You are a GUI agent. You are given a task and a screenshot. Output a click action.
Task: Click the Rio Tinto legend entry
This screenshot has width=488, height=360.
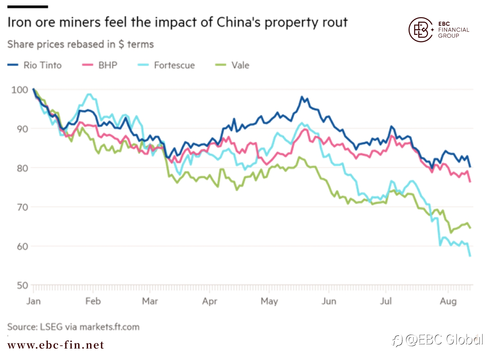[34, 65]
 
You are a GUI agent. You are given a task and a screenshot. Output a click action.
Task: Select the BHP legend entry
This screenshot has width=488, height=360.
[99, 65]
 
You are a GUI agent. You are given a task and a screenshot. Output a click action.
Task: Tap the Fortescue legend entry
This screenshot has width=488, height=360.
[166, 65]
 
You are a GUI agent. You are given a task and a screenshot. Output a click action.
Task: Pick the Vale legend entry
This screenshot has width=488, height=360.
[232, 65]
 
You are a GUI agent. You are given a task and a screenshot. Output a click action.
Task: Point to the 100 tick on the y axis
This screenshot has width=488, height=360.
[20, 90]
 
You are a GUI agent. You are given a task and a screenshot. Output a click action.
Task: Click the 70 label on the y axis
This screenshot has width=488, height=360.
[23, 207]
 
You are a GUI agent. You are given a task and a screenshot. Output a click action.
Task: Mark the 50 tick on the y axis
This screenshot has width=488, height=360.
[23, 286]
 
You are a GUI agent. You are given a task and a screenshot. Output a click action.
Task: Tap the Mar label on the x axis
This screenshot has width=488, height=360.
[150, 301]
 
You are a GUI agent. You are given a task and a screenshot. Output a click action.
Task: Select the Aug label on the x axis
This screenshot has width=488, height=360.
[448, 301]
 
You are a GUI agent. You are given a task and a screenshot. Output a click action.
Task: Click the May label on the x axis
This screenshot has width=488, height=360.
[269, 301]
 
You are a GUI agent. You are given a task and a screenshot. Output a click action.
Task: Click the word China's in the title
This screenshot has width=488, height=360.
[238, 22]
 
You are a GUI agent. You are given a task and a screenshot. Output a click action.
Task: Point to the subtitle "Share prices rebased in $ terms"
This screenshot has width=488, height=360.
[81, 44]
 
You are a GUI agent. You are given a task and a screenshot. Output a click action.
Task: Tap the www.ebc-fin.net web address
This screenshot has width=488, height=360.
[56, 345]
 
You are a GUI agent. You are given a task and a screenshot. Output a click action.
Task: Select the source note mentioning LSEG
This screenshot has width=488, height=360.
[73, 327]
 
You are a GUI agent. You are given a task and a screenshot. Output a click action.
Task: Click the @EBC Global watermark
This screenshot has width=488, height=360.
[438, 340]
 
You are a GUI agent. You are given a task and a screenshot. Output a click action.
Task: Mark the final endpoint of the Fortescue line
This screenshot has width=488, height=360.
[470, 256]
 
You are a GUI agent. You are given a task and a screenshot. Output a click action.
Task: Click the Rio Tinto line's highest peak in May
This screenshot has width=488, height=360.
[302, 97]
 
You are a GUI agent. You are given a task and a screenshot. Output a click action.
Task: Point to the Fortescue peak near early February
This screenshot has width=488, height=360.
[90, 94]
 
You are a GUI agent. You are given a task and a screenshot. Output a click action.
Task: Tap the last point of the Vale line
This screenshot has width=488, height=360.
[470, 228]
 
